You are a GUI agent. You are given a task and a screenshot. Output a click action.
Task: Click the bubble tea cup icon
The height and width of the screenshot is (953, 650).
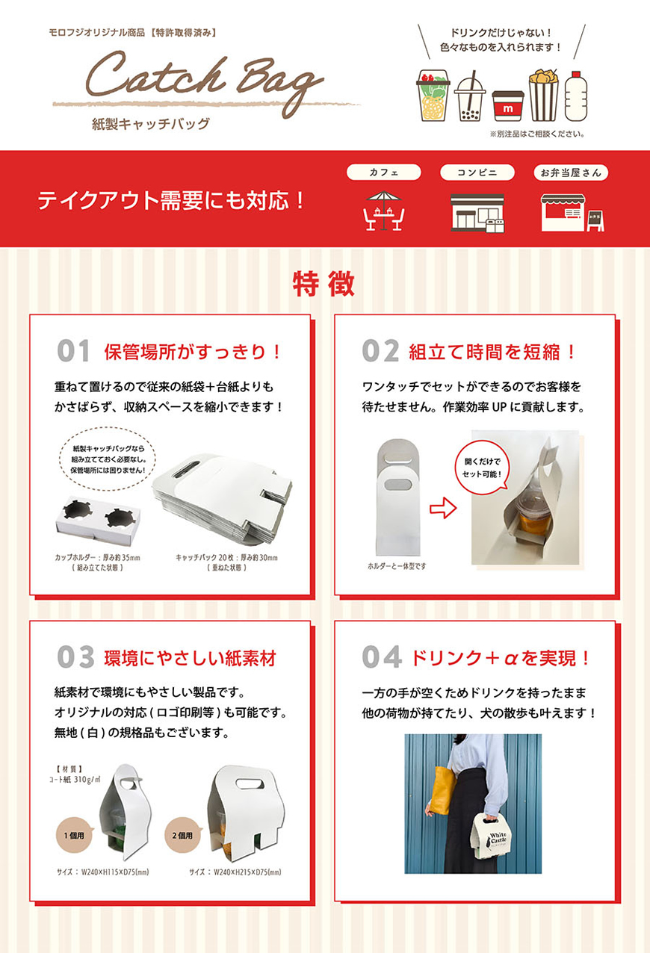tap(469, 96)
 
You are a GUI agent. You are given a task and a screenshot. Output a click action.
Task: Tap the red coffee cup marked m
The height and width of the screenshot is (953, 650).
tap(508, 106)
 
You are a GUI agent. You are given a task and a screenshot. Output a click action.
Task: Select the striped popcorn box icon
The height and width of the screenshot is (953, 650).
tap(543, 96)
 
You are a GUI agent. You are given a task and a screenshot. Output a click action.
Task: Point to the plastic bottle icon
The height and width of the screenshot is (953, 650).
tap(576, 96)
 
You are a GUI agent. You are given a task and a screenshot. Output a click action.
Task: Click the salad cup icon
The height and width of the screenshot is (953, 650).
tap(433, 96)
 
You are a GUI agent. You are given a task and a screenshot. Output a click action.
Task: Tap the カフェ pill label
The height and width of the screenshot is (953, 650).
tap(384, 173)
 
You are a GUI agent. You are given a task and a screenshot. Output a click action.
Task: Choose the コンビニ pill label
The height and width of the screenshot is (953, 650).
tap(477, 173)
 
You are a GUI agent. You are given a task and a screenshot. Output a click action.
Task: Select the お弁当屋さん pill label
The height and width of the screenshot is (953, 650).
tap(571, 173)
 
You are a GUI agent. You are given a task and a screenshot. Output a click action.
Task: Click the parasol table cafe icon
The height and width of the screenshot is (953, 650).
tap(384, 211)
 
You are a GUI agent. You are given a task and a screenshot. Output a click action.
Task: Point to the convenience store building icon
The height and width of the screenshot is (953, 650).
tap(477, 213)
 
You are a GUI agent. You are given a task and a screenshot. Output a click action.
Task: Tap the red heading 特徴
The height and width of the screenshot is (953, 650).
tap(324, 284)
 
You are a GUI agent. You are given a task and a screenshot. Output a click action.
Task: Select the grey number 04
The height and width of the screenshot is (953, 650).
tap(381, 657)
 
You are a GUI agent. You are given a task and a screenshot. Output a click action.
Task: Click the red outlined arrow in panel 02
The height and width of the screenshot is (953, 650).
tap(443, 508)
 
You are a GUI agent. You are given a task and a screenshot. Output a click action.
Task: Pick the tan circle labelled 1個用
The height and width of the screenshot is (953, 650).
tap(75, 836)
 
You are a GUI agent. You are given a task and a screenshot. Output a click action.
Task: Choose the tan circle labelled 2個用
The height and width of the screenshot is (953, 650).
tap(183, 836)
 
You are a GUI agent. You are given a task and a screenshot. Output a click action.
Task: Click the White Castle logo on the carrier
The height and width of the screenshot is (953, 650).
tap(497, 839)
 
